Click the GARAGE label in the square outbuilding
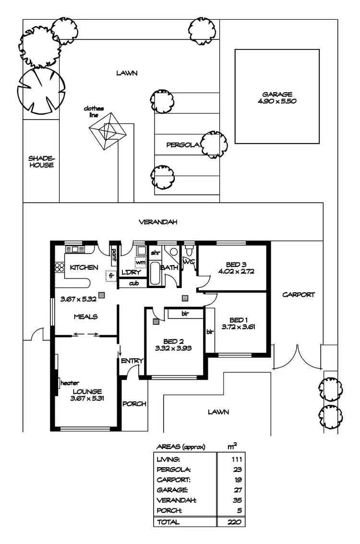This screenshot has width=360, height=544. (277, 95)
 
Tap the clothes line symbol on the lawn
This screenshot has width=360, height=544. (109, 130)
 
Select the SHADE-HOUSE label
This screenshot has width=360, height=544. (41, 161)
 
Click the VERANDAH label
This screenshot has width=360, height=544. (158, 222)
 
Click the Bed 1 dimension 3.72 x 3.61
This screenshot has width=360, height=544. (238, 327)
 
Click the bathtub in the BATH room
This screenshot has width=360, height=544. (155, 274)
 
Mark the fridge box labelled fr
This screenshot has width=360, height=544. (111, 276)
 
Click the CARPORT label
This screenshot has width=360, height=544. (298, 294)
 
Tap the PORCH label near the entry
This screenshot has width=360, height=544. (134, 404)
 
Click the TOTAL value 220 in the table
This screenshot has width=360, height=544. (235, 522)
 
